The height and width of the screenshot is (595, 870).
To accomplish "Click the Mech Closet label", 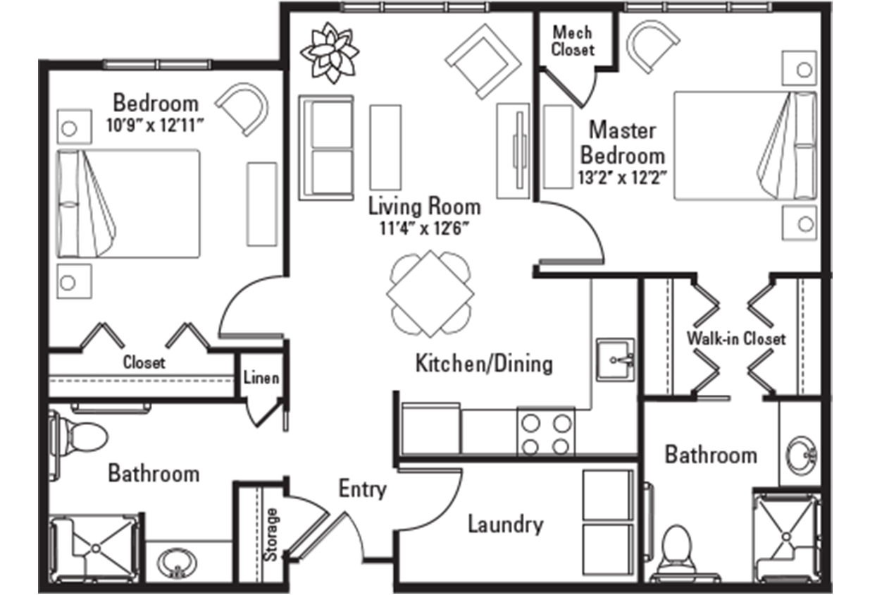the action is tap(573, 41).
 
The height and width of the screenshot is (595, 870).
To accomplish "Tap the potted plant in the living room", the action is tap(330, 52).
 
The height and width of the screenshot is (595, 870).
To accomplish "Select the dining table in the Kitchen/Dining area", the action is tap(430, 293).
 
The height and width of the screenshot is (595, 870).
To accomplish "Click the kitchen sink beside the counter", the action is tap(616, 360).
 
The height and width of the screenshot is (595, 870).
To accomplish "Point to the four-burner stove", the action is tap(546, 431).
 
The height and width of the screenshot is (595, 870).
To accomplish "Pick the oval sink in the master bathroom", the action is tap(802, 454).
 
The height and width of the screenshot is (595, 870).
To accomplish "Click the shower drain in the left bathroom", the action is tap(96, 548).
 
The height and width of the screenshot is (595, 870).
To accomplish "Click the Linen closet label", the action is tap(261, 378).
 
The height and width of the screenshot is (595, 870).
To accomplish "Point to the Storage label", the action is tap(271, 534).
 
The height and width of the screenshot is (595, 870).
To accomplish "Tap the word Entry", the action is tap(363, 489).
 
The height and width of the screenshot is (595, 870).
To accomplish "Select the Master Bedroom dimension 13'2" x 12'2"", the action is tap(622, 178).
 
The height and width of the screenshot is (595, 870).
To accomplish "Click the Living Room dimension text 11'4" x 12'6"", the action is tap(425, 228).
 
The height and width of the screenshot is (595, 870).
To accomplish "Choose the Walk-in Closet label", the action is tap(736, 338).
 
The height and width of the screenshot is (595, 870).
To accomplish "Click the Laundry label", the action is tap(505, 525).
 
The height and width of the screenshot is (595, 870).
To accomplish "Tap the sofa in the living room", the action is tap(326, 147).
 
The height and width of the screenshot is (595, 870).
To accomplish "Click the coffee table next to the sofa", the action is tap(385, 147).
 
